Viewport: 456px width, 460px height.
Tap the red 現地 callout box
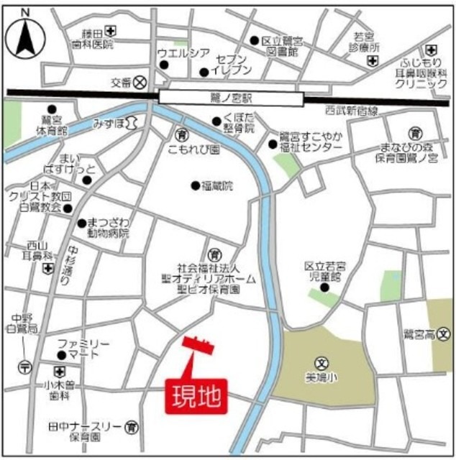197,396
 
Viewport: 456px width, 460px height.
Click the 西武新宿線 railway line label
351,111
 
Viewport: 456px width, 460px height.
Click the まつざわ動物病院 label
105,228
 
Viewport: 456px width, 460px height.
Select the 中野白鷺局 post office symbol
26,365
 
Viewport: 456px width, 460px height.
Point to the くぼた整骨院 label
239,124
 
